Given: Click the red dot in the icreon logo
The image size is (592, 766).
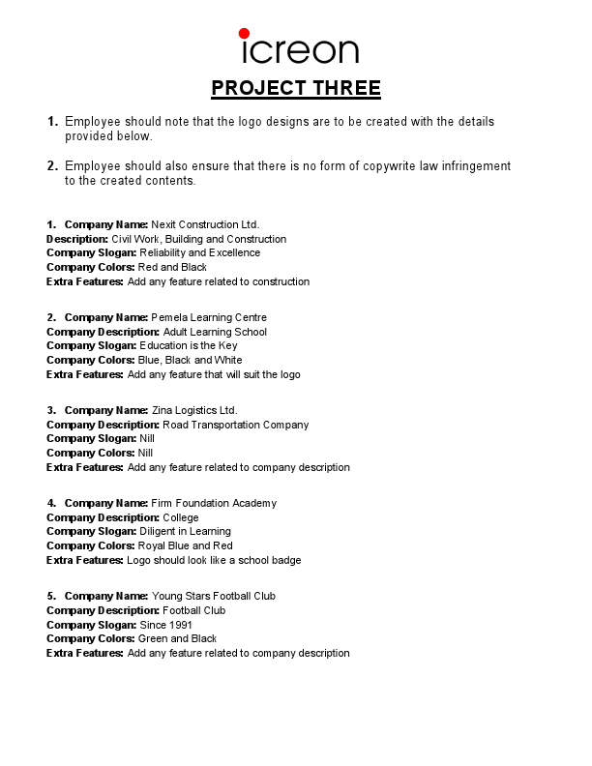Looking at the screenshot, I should coord(244,34).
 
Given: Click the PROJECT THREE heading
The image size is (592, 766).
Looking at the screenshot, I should coord(296,89).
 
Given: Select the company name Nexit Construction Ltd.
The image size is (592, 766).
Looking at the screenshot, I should coord(205,224).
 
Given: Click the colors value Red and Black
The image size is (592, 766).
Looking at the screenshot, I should coord(172,268).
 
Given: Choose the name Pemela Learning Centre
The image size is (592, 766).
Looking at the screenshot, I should coord(209,318).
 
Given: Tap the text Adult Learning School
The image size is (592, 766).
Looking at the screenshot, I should coord(215,333).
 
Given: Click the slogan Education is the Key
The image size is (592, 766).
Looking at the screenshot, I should coord(188,346).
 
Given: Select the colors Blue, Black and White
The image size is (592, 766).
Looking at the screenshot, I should coord(191,361).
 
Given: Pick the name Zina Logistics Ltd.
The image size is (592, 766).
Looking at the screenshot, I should coord(194,411).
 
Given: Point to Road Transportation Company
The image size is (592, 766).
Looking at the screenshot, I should coord(235,426).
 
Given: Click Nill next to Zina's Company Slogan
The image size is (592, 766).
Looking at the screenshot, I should coord(147,439).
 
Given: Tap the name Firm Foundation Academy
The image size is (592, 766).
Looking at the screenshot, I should coord(214,504).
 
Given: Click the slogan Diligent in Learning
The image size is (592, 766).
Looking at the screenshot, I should coord(185,532).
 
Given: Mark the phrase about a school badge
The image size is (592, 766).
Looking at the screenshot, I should coord(214,561).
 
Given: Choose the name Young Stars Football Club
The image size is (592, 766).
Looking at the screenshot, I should coord(214,597).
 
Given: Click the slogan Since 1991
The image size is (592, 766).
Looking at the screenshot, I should coord(166,625).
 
